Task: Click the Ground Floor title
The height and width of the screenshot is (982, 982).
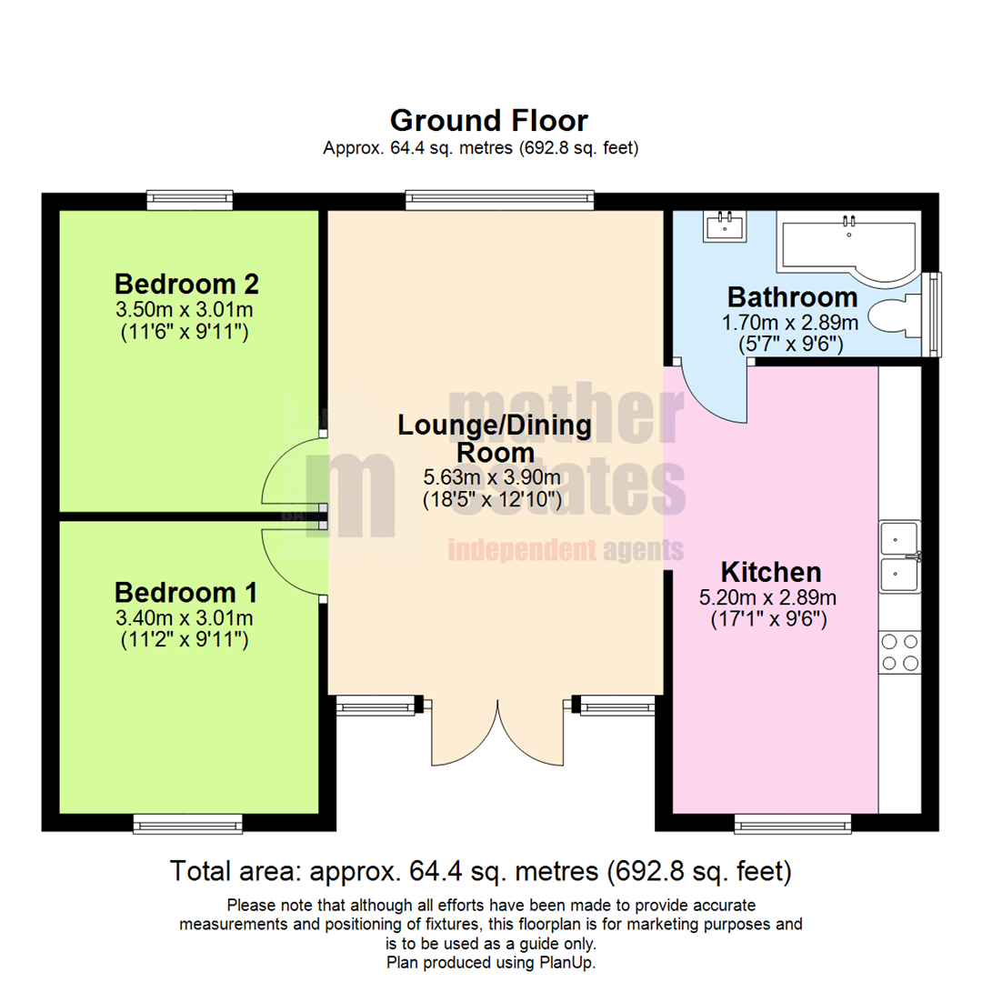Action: click(x=488, y=120)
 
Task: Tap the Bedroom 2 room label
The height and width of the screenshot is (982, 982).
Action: click(x=187, y=283)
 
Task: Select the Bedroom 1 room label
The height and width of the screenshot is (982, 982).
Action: click(x=185, y=593)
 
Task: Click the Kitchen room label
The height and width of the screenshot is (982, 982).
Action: click(x=771, y=572)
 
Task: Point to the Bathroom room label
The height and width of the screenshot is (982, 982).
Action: click(x=792, y=297)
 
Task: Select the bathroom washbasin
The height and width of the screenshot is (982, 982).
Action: click(x=725, y=225)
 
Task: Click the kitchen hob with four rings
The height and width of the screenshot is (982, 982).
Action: click(x=900, y=653)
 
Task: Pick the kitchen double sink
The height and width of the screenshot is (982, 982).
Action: click(x=900, y=556)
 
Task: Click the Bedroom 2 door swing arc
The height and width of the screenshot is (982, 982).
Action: click(x=293, y=470)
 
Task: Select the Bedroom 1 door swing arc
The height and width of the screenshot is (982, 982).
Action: click(x=293, y=565)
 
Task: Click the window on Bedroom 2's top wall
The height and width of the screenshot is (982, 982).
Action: click(x=190, y=200)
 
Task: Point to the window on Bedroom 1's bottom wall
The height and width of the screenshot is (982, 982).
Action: click(x=187, y=824)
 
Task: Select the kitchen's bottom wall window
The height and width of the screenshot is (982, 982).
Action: click(x=793, y=824)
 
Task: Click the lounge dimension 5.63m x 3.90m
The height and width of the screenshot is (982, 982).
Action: click(x=491, y=476)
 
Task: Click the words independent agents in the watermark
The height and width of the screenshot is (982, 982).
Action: click(x=565, y=549)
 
